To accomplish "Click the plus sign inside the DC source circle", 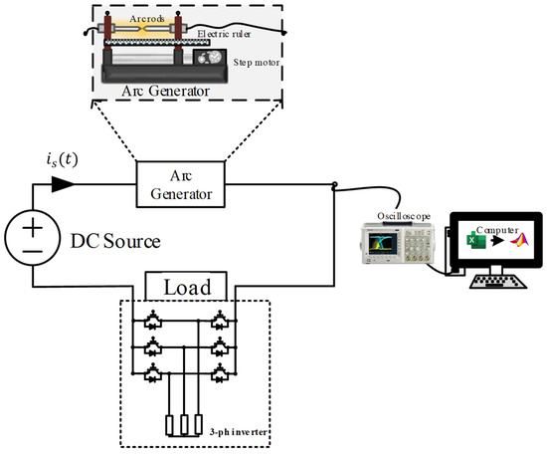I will click(34, 226).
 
